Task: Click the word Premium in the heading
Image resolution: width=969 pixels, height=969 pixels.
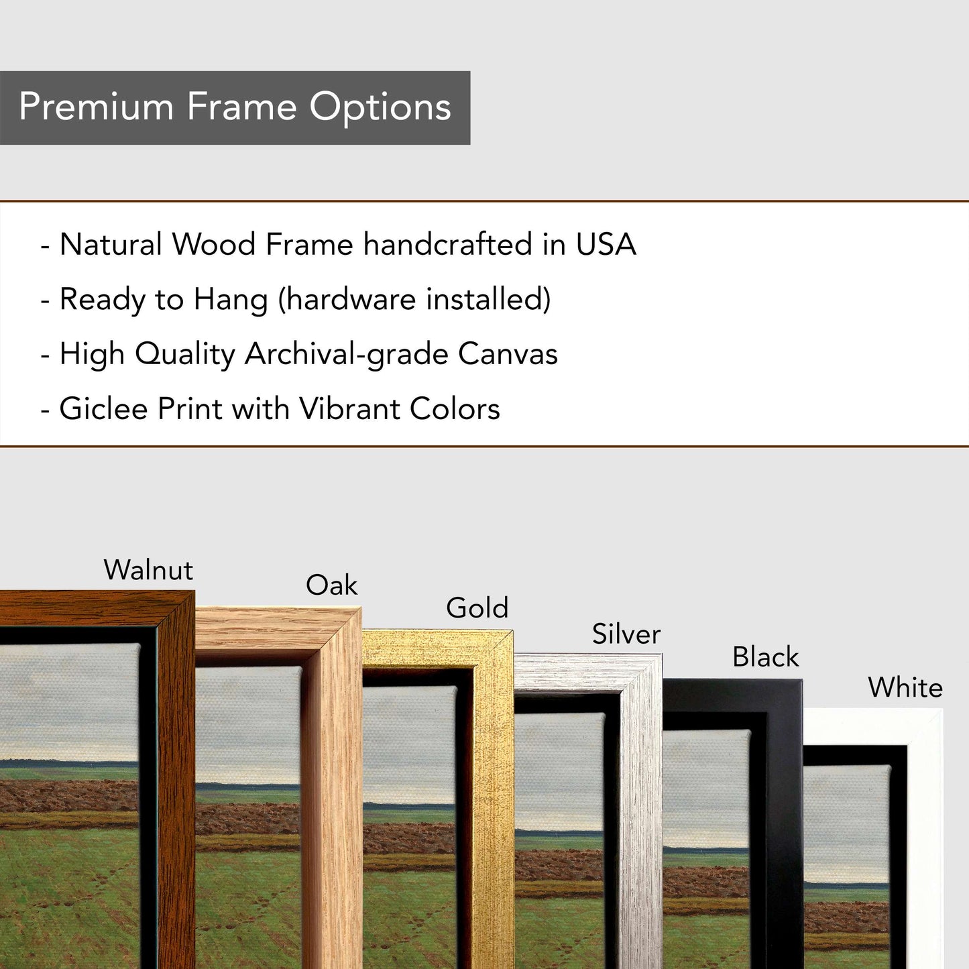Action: (96, 107)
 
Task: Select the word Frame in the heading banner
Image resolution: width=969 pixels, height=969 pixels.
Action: (241, 107)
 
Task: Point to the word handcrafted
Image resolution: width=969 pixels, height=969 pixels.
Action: (448, 244)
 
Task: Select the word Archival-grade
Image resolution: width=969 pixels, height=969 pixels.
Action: (346, 355)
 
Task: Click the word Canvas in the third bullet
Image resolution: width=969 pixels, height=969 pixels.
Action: (508, 354)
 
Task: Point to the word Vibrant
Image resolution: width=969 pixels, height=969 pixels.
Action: (349, 408)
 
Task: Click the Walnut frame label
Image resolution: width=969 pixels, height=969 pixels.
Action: (148, 570)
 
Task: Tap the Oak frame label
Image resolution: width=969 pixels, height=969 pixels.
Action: (332, 585)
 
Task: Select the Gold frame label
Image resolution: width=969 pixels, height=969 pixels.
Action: (477, 608)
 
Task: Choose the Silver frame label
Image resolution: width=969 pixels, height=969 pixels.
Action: (626, 634)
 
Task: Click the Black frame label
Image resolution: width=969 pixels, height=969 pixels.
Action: (765, 657)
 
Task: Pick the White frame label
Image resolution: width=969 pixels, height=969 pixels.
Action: (905, 688)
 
